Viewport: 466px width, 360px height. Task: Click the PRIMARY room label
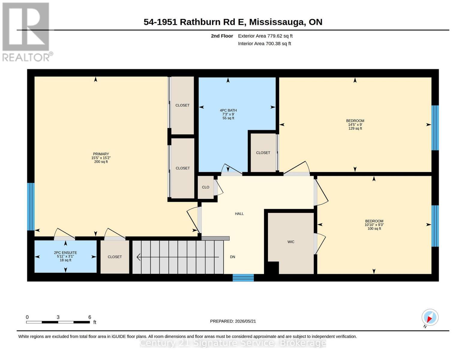[x=101, y=154]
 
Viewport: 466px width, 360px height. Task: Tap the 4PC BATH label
[x=228, y=110]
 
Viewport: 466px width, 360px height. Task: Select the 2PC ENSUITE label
[x=65, y=253]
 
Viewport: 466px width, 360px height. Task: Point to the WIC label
[x=291, y=242]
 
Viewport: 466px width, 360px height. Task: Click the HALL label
[x=239, y=214]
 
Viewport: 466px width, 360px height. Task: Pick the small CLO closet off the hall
[x=206, y=187]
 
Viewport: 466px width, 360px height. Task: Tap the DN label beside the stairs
[x=233, y=257]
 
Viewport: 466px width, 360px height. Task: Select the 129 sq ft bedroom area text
[x=355, y=128]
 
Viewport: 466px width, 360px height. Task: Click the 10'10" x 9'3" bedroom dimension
[x=374, y=225]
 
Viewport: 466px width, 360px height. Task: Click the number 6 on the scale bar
[x=90, y=317]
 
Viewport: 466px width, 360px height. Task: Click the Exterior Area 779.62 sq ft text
[x=265, y=36]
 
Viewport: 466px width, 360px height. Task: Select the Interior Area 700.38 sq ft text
[x=264, y=43]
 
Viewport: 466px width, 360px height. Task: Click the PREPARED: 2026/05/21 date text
[x=233, y=321]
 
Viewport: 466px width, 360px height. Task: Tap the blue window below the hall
[x=243, y=278]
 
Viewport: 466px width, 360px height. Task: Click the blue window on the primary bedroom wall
[x=31, y=206]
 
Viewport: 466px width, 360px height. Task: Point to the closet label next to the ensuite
[x=115, y=257]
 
